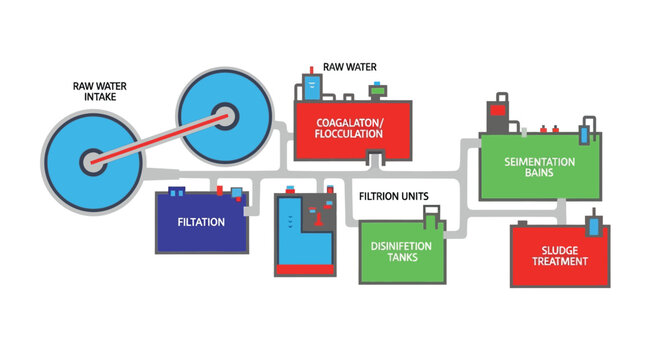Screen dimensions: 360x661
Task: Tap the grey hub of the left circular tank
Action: pos(92,159)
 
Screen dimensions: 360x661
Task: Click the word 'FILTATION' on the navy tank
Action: pos(201,222)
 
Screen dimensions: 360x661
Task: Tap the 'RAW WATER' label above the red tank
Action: pos(350,68)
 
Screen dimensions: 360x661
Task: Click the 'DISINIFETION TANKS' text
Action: pos(401,251)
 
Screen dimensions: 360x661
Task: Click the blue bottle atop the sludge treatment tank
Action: pos(596,224)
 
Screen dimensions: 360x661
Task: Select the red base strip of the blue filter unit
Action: pos(305,269)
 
